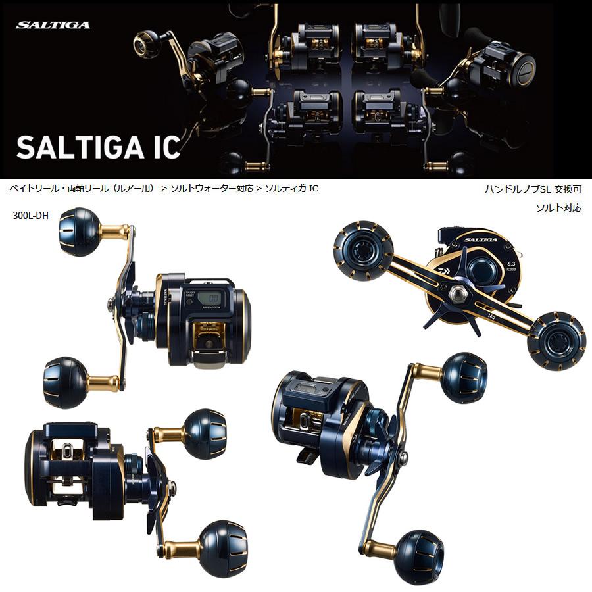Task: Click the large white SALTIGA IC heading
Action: [98, 147]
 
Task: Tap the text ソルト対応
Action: [558, 207]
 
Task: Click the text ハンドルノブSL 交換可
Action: [532, 189]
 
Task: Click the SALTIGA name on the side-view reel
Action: [480, 241]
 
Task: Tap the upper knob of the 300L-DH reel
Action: [80, 232]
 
